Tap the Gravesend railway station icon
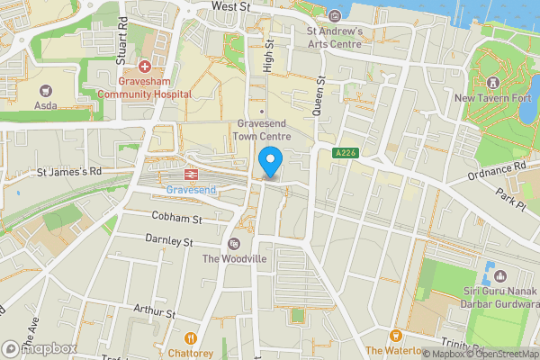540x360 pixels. tap(192, 175)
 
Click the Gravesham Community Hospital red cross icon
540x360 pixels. tap(144, 65)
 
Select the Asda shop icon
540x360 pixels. tap(46, 90)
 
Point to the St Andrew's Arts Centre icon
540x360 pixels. tap(335, 15)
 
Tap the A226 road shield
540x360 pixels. tap(343, 154)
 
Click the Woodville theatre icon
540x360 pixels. tap(234, 244)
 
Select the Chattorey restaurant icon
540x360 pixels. tap(190, 338)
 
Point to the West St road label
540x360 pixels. tap(230, 5)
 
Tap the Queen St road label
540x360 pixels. tap(318, 94)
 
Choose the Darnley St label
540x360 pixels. tap(169, 241)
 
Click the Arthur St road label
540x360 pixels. tap(152, 313)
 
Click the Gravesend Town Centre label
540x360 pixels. tap(263, 130)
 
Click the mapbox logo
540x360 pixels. tap(40, 348)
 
